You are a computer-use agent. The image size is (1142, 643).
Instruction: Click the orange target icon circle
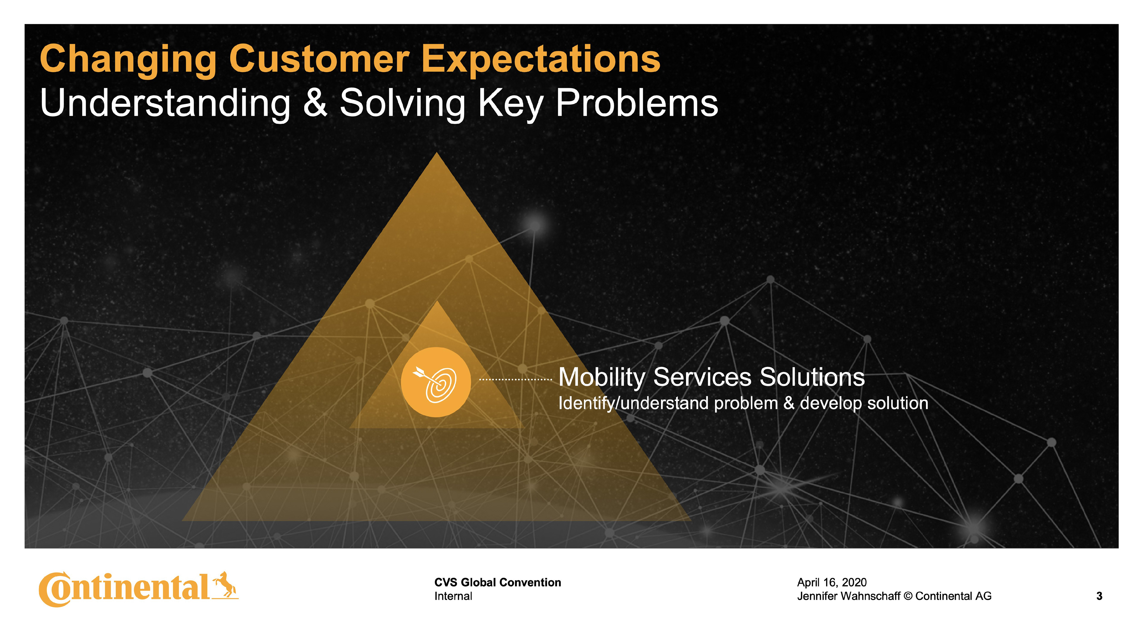tap(436, 382)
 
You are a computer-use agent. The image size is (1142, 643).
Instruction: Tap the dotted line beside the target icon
tap(516, 380)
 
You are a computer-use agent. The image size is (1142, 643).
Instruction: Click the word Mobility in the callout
tap(602, 378)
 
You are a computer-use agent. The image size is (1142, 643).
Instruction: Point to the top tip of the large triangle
tap(437, 153)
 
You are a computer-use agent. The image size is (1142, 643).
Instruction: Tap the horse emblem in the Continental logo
tap(225, 585)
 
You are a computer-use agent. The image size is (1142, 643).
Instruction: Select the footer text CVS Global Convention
tap(498, 582)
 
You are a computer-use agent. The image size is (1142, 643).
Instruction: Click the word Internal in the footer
tap(453, 596)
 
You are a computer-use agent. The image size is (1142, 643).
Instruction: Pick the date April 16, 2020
tap(832, 582)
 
